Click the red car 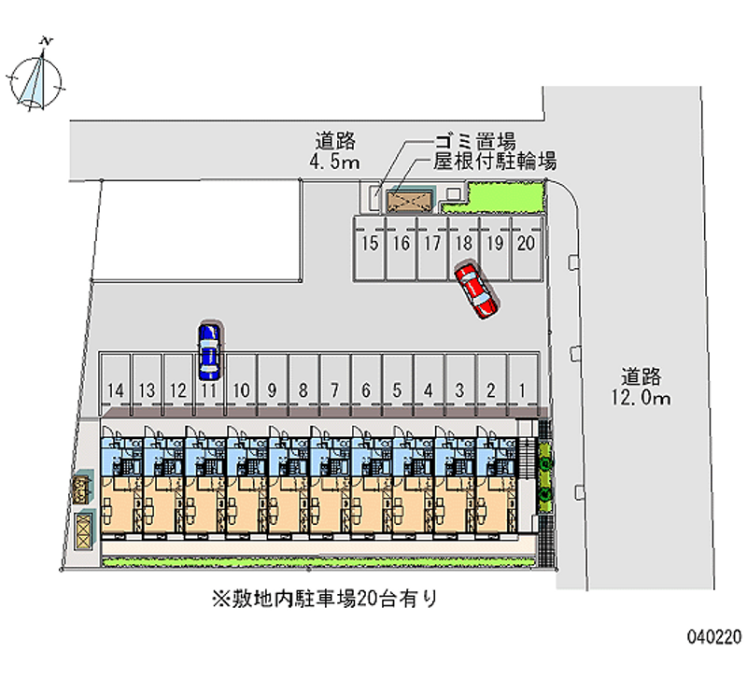click(476, 290)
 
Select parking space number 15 click(370, 245)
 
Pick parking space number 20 click(526, 245)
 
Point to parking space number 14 click(116, 389)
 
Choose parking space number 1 click(522, 389)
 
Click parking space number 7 click(334, 389)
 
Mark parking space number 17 click(431, 245)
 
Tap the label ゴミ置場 click(475, 142)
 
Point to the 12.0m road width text click(643, 399)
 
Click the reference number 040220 click(714, 638)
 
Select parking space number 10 click(240, 389)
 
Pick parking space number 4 click(428, 389)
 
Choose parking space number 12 click(177, 389)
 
